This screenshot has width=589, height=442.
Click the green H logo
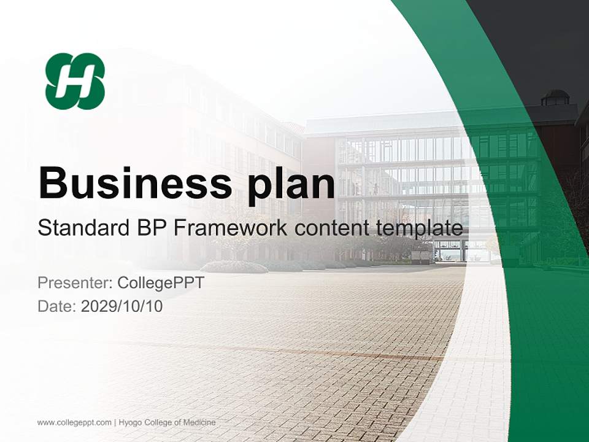point(75,81)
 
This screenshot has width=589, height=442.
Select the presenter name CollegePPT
point(161,283)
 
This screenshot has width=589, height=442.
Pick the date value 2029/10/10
point(121,306)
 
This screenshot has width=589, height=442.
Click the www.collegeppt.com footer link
point(74,422)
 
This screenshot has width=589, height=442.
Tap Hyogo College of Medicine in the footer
point(167,422)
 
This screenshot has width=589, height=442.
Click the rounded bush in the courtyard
point(234,266)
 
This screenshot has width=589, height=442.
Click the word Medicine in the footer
point(201,422)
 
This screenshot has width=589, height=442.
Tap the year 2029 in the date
point(97,306)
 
